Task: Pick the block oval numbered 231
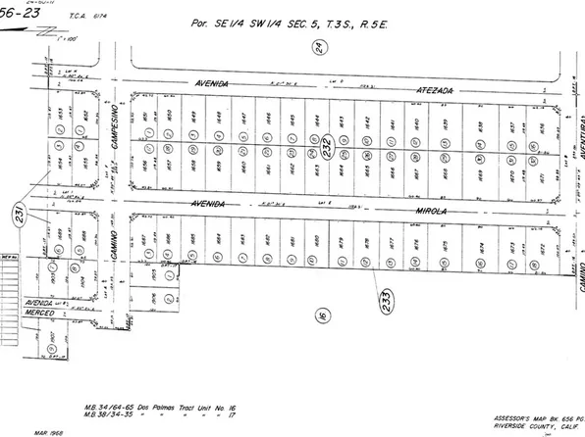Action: [19, 212]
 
